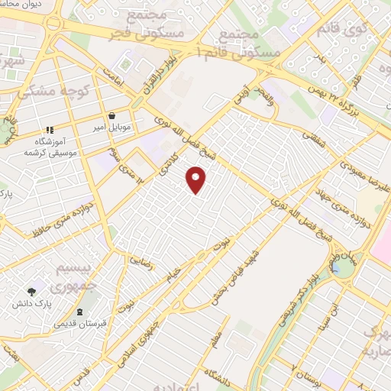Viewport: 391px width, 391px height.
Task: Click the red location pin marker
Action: (x=196, y=179)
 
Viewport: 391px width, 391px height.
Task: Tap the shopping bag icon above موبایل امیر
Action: (x=112, y=116)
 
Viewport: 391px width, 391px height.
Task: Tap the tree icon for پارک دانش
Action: (x=31, y=292)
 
